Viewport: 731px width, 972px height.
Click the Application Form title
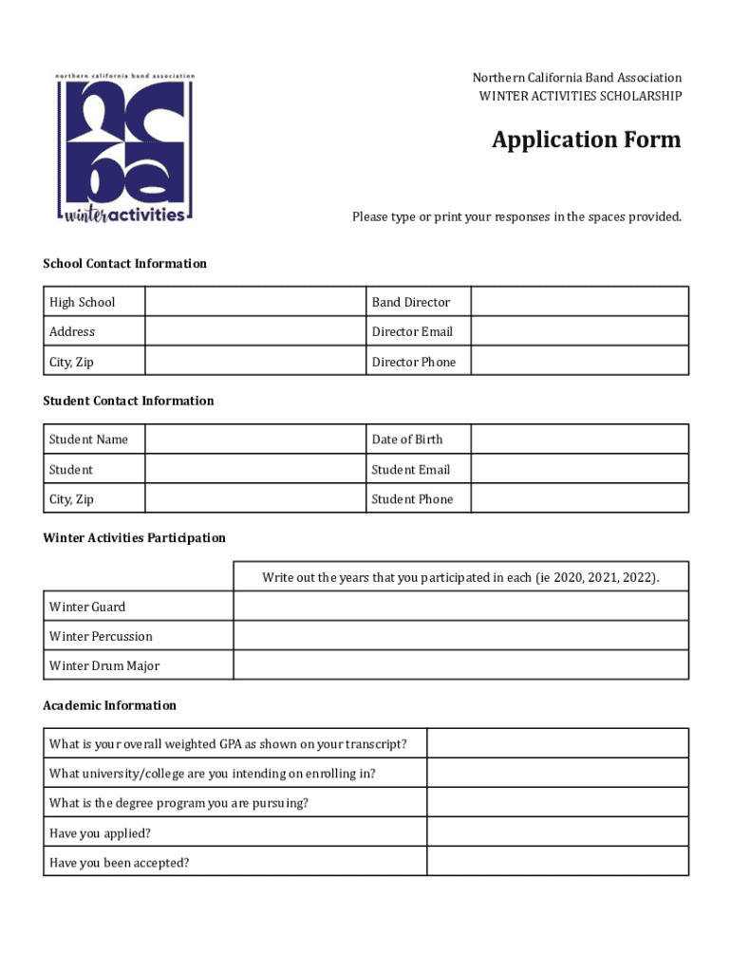(x=586, y=140)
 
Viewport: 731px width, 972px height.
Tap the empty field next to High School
(x=254, y=302)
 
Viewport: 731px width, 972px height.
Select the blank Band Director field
(x=579, y=302)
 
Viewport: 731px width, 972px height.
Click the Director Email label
(x=412, y=331)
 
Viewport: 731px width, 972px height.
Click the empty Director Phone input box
(x=579, y=362)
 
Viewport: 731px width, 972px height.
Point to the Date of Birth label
(x=407, y=439)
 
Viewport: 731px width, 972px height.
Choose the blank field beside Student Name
(x=254, y=439)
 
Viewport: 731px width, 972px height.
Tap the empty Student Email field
(x=579, y=470)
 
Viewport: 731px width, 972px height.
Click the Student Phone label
(x=412, y=499)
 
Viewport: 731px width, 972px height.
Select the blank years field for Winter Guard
(x=460, y=607)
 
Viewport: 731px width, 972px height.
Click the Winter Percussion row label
(x=101, y=636)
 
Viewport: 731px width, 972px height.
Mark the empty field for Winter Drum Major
(x=460, y=665)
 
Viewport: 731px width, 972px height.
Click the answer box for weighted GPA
(x=557, y=743)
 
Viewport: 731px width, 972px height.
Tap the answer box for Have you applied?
(x=557, y=832)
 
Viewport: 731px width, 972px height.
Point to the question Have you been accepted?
(x=119, y=863)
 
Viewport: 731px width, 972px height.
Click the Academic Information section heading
(x=109, y=705)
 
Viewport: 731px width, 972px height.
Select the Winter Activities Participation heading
(x=134, y=538)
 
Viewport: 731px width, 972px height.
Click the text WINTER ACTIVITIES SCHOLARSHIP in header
(x=580, y=96)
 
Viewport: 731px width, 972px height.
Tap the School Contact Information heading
(x=124, y=264)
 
